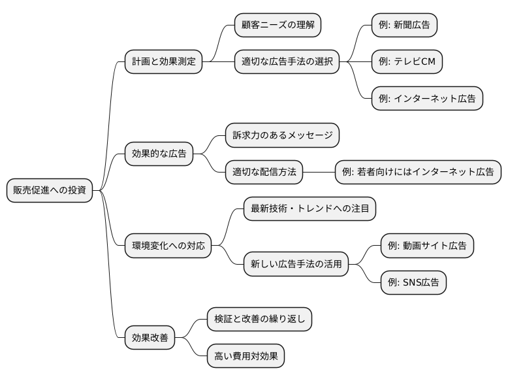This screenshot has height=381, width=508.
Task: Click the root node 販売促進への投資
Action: coord(49,190)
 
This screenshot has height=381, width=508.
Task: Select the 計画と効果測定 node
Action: coord(163,62)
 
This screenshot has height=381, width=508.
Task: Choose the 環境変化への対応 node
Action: coord(168,246)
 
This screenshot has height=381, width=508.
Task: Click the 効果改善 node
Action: coord(150,338)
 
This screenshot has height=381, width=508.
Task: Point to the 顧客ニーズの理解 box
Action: coord(278,25)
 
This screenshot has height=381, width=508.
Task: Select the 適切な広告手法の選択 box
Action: coord(287,62)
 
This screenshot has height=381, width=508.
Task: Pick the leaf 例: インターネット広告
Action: coord(427,99)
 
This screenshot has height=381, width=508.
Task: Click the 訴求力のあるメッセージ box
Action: coord(282,135)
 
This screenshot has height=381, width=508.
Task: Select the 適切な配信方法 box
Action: coord(264,172)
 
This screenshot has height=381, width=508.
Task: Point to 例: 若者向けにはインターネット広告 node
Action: coord(418,172)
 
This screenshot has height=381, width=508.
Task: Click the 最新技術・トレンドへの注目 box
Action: coord(310,209)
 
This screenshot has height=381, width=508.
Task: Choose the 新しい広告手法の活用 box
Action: coord(296,264)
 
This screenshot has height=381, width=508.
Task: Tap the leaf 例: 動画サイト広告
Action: coord(427,246)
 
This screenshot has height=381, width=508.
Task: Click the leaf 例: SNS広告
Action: coord(413,282)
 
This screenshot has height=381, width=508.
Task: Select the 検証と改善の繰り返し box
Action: coord(259,319)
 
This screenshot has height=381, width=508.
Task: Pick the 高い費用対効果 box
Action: coord(246,356)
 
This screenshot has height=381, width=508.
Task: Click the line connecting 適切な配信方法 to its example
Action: coord(319,172)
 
